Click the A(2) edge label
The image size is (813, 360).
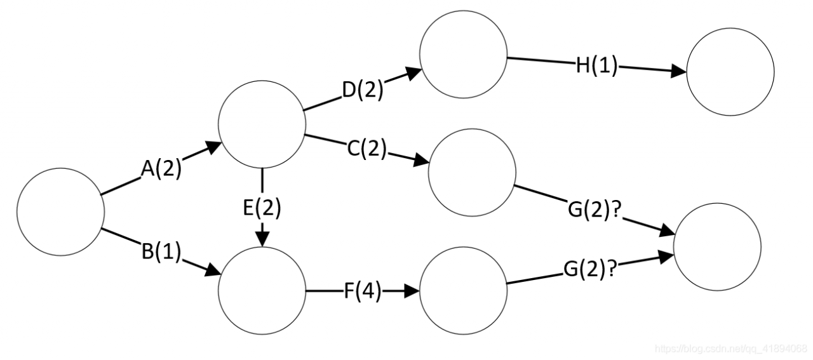pos(161,170)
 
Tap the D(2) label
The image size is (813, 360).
pos(363,90)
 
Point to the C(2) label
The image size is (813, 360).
pos(366,150)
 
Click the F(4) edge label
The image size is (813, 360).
pos(363,292)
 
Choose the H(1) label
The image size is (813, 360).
pos(596,66)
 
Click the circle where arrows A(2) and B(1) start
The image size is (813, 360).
pos(60,211)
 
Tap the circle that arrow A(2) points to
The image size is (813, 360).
pos(262,124)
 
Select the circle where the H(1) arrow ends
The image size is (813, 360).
pos(730,72)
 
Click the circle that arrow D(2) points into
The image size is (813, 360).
pos(463,55)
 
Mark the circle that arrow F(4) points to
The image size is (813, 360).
pos(463,291)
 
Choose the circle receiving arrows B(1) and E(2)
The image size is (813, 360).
pos(262,291)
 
